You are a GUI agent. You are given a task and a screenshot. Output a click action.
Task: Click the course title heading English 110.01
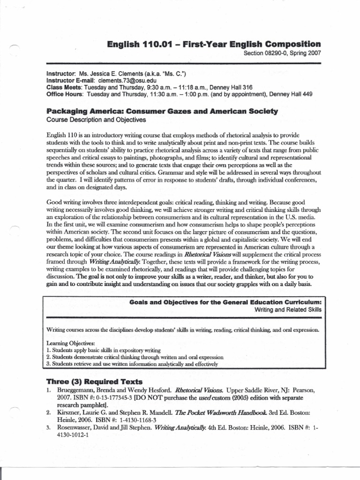[214, 45]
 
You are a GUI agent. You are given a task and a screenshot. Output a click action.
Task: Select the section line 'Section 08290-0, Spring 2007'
[282, 53]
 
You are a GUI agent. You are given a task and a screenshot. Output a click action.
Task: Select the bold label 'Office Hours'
[65, 94]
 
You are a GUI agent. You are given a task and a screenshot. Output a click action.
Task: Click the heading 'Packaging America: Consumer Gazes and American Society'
[162, 112]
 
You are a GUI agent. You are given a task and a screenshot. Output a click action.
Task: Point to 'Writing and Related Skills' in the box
[288, 310]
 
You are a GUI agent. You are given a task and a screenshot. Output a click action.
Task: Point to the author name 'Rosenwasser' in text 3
[77, 427]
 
